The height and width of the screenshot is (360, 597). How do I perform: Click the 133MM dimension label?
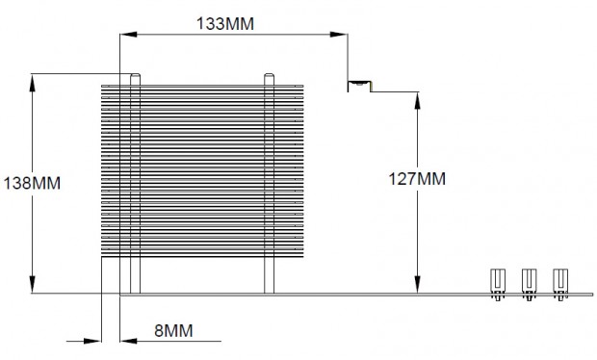click(x=225, y=24)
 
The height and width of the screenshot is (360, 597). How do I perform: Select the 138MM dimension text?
click(x=32, y=183)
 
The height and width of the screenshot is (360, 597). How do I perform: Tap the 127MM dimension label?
click(x=417, y=178)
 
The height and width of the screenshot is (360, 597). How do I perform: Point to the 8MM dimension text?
click(x=173, y=330)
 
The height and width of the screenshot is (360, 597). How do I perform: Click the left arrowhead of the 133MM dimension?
click(x=128, y=35)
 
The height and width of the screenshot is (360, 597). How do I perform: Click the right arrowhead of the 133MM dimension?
click(x=339, y=35)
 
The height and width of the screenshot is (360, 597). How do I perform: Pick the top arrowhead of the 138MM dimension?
click(x=33, y=82)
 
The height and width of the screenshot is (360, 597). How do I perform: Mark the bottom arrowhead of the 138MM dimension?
click(x=33, y=285)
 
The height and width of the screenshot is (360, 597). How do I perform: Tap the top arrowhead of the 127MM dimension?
click(x=418, y=101)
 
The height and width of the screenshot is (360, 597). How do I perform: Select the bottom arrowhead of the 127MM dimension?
click(x=418, y=285)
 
